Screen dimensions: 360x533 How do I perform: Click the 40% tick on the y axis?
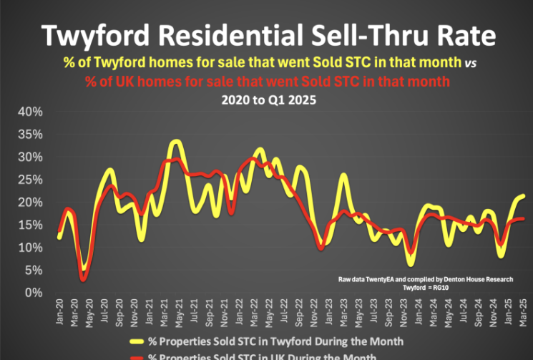tap(32, 112)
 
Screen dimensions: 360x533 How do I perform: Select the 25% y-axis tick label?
tap(32, 180)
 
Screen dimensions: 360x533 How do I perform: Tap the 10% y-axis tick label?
tap(32, 248)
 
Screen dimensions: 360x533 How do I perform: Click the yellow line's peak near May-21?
tap(176, 142)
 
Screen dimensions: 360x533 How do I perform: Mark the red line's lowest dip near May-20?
tap(84, 279)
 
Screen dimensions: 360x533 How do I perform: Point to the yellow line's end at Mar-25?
tap(523, 195)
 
